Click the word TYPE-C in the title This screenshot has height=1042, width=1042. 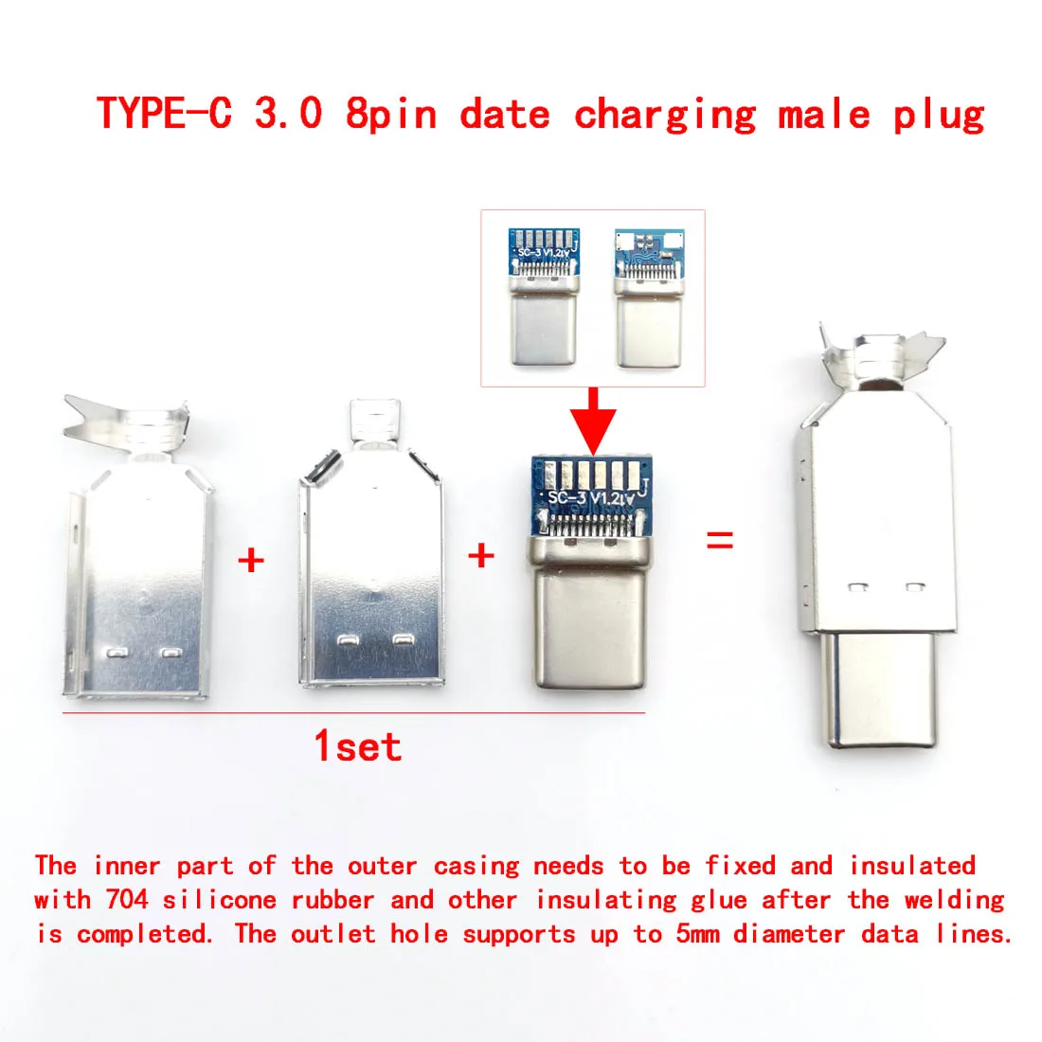point(165,113)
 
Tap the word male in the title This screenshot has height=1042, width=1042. point(824,114)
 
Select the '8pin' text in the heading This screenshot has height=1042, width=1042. point(391,114)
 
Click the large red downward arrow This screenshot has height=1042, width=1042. point(593,421)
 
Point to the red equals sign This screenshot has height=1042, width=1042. point(720,540)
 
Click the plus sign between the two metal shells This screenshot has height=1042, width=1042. point(251,560)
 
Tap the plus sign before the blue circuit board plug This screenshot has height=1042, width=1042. point(481,555)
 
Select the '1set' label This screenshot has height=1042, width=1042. point(358,746)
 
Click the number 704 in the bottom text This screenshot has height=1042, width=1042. point(126,900)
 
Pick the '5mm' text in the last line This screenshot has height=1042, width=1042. point(698,934)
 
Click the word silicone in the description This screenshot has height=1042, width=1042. point(220,900)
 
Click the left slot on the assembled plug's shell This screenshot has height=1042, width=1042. point(858,587)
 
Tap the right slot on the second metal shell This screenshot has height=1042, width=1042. point(403,640)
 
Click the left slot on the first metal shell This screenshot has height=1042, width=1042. point(117,653)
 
